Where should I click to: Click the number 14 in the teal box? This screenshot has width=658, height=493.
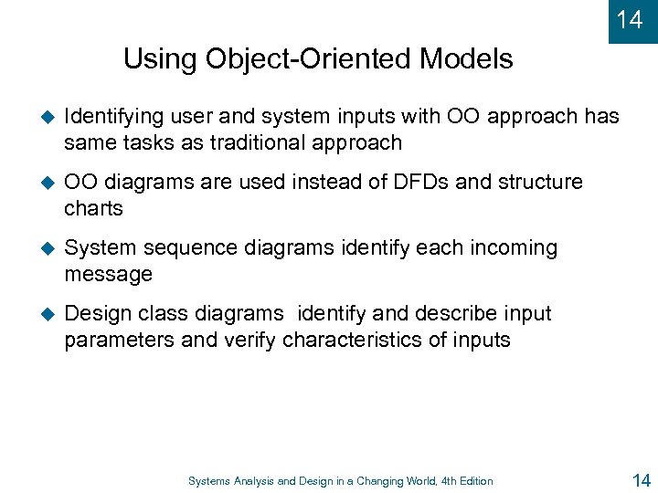coord(630,19)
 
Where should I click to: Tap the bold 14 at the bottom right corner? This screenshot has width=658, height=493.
coord(642,479)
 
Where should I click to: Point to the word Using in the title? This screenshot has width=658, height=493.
coord(157,60)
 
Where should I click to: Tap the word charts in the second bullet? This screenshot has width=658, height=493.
coord(93,209)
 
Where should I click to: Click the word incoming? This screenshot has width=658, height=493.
coord(515,248)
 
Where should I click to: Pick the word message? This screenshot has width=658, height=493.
coord(108,275)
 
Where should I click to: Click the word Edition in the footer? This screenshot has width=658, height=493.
coord(473,481)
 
